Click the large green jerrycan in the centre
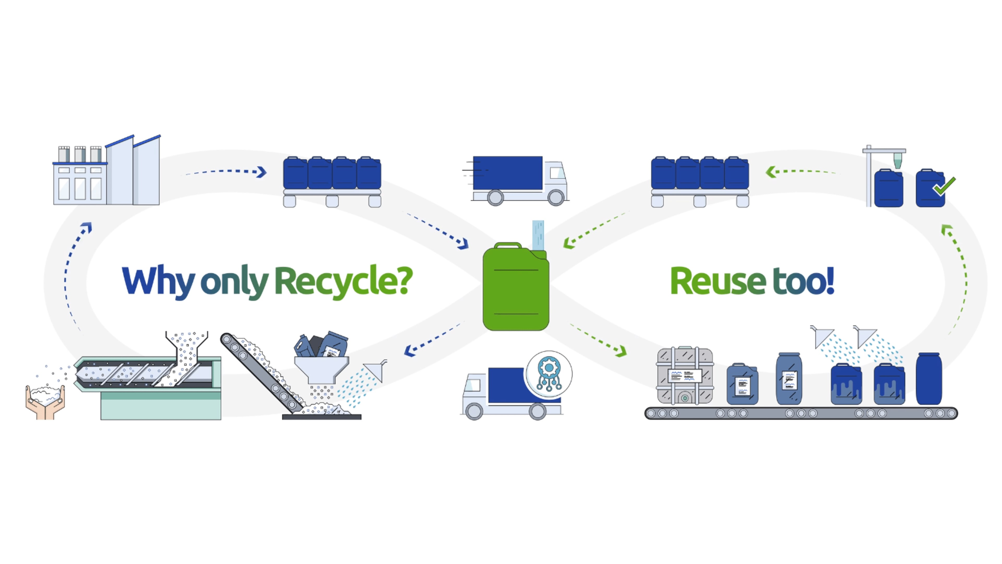pos(516,287)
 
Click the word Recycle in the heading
pos(344,281)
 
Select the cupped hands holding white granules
pos(45,401)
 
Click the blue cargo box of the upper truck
pos(508,173)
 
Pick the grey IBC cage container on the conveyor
pos(685,376)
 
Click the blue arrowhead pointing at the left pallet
pos(261,172)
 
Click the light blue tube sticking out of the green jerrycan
pos(538,235)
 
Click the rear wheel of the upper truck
pos(495,197)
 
